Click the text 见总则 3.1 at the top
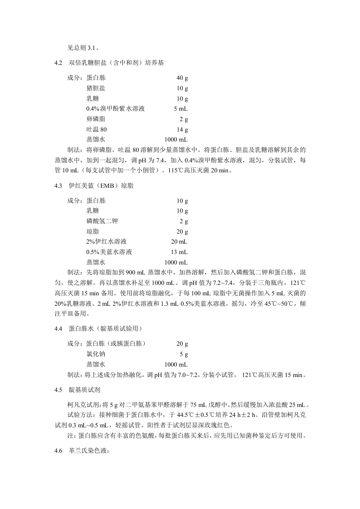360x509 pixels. tap(84, 47)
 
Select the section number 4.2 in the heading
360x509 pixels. tap(57, 62)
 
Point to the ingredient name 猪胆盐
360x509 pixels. tap(96, 88)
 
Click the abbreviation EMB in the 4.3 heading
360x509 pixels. tap(103, 186)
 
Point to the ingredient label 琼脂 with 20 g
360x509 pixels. tap(93, 231)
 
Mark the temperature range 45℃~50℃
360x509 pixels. tap(283, 303)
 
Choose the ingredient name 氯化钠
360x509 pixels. tap(96, 354)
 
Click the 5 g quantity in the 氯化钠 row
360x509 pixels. tap(184, 354)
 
